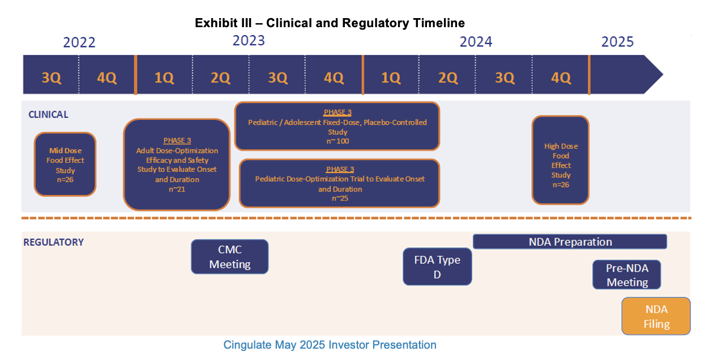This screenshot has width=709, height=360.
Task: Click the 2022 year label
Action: pyautogui.click(x=79, y=42)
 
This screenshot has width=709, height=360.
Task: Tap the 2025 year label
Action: pyautogui.click(x=617, y=42)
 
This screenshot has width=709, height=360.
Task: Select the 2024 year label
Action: pyautogui.click(x=476, y=42)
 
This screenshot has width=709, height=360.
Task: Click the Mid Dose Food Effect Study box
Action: pyautogui.click(x=65, y=165)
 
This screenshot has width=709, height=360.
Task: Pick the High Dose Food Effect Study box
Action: pyautogui.click(x=561, y=160)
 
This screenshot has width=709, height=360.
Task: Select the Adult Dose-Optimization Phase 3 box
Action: pyautogui.click(x=177, y=165)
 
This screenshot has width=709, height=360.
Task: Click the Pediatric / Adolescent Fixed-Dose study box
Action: pyautogui.click(x=338, y=126)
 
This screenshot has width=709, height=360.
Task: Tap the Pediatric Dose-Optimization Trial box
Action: pyautogui.click(x=340, y=183)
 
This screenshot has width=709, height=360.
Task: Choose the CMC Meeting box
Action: pyautogui.click(x=230, y=256)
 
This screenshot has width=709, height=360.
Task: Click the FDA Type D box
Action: pyautogui.click(x=437, y=267)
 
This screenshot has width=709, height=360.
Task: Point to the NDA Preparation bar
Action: pyautogui.click(x=570, y=242)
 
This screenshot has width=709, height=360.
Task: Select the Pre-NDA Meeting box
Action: pyautogui.click(x=627, y=275)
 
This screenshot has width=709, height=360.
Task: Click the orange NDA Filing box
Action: pyautogui.click(x=656, y=316)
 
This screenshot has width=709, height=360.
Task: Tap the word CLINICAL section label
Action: pyautogui.click(x=48, y=114)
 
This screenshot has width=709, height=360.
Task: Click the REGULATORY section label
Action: pyautogui.click(x=53, y=242)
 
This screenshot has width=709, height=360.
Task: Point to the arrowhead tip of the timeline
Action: pyautogui.click(x=663, y=75)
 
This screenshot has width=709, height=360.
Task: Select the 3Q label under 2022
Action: pyautogui.click(x=52, y=78)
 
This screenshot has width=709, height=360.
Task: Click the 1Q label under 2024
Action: pyautogui.click(x=391, y=78)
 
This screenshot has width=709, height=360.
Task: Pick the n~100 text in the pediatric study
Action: pyautogui.click(x=338, y=141)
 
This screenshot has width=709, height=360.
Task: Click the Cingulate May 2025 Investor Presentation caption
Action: pyautogui.click(x=330, y=345)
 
